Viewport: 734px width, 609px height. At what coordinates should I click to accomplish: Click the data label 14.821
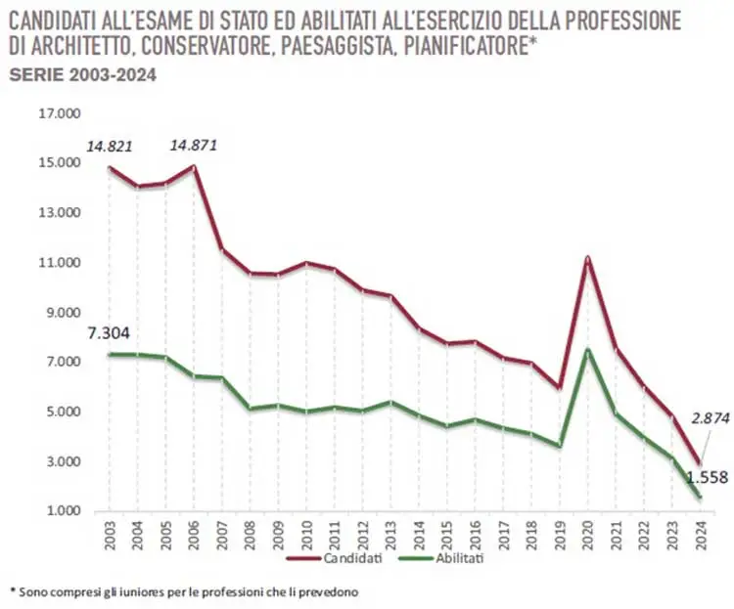click(110, 147)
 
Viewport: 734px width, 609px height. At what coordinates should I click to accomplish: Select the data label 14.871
click(194, 146)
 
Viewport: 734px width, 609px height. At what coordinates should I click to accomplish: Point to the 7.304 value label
click(110, 334)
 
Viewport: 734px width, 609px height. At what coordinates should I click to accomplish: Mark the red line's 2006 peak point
click(194, 167)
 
